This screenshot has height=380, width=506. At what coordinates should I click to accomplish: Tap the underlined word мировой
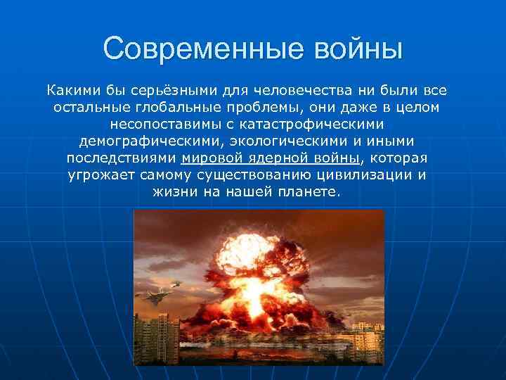point(212,157)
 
